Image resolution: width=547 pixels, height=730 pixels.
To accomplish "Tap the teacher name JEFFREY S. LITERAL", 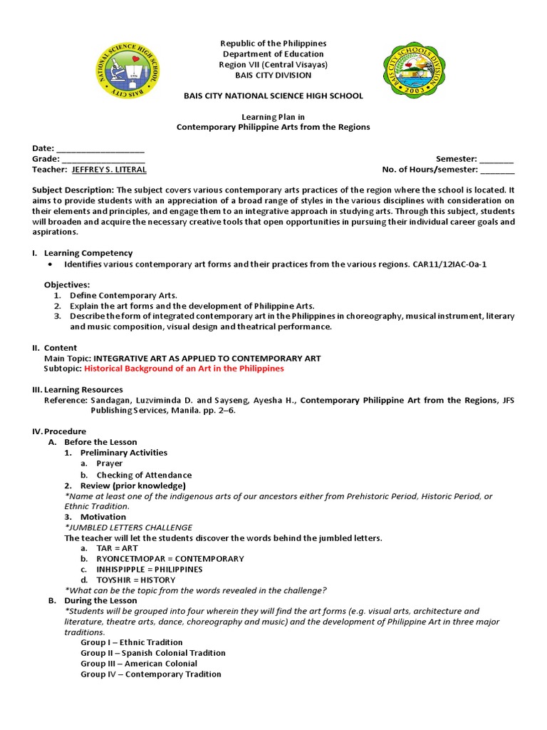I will coord(109,170).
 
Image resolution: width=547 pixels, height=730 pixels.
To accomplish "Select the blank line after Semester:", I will coord(496,159).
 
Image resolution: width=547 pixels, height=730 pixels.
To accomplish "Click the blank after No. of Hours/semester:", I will coord(497,170).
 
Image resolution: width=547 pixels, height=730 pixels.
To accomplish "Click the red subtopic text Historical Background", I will coord(184,369).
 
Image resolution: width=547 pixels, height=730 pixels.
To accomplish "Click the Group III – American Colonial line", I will coord(139,664).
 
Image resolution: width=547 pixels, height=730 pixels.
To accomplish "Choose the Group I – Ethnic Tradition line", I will coord(132,642).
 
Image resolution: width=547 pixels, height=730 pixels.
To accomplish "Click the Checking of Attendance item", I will coord(144,475).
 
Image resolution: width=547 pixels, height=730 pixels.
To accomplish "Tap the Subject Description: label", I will coord(73,190).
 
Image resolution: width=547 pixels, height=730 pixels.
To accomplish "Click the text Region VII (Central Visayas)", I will coord(273,64).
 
